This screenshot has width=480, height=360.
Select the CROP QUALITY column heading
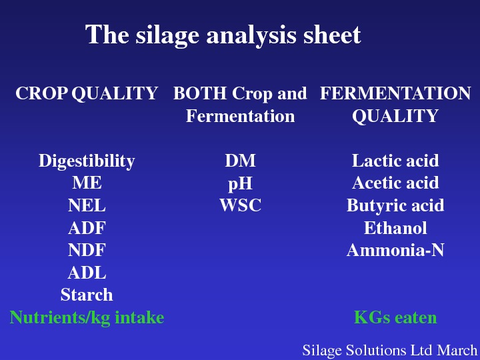87,93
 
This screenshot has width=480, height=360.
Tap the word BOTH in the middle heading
200,93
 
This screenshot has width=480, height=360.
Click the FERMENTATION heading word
395,93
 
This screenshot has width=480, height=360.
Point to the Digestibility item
87,161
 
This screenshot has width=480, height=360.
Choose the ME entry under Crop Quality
87,183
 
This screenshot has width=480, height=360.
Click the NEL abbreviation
87,205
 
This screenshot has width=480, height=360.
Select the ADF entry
87,228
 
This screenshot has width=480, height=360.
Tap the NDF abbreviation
87,250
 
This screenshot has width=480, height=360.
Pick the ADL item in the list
87,273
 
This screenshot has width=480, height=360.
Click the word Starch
87,295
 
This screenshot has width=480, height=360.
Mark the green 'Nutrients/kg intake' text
87,317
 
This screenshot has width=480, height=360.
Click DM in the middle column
240,161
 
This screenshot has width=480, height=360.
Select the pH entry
240,184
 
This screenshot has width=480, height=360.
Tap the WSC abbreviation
240,205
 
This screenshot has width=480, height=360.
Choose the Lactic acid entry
395,161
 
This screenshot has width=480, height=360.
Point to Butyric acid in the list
395,205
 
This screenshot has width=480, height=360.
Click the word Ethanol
395,228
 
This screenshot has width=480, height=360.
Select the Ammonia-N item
395,250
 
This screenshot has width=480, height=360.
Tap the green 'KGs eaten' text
395,317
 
